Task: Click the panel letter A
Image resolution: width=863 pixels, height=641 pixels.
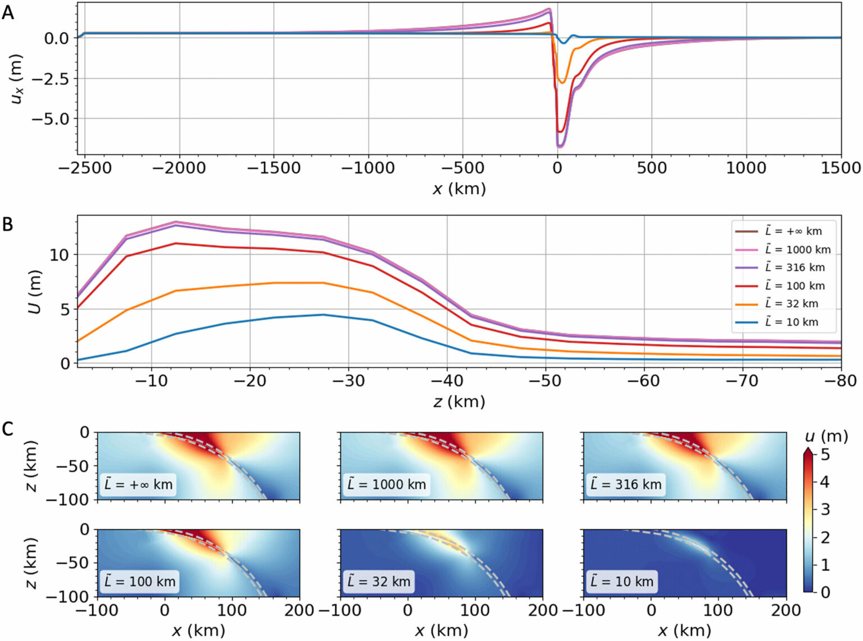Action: pyautogui.click(x=8, y=12)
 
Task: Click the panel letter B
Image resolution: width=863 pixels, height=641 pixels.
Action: pyautogui.click(x=8, y=224)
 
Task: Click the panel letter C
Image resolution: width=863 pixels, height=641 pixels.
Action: pyautogui.click(x=8, y=429)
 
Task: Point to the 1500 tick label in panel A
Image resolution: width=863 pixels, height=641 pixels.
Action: pyautogui.click(x=840, y=167)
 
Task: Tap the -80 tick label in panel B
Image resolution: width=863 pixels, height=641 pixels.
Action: pyautogui.click(x=841, y=380)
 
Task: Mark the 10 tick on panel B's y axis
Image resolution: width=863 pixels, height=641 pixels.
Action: pyautogui.click(x=58, y=254)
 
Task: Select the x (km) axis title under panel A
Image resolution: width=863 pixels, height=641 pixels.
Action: pyautogui.click(x=458, y=189)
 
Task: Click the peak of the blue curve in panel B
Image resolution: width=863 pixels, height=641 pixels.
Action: pyautogui.click(x=323, y=315)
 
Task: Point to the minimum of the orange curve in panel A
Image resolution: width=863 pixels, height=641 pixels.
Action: pyautogui.click(x=561, y=83)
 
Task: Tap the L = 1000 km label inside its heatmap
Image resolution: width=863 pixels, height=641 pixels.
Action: pyautogui.click(x=387, y=484)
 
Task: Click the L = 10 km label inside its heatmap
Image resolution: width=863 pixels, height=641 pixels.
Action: pyautogui.click(x=621, y=581)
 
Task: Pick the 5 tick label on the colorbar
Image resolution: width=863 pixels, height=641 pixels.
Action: pyautogui.click(x=825, y=454)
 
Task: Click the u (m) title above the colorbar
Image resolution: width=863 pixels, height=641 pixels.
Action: pyautogui.click(x=825, y=436)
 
